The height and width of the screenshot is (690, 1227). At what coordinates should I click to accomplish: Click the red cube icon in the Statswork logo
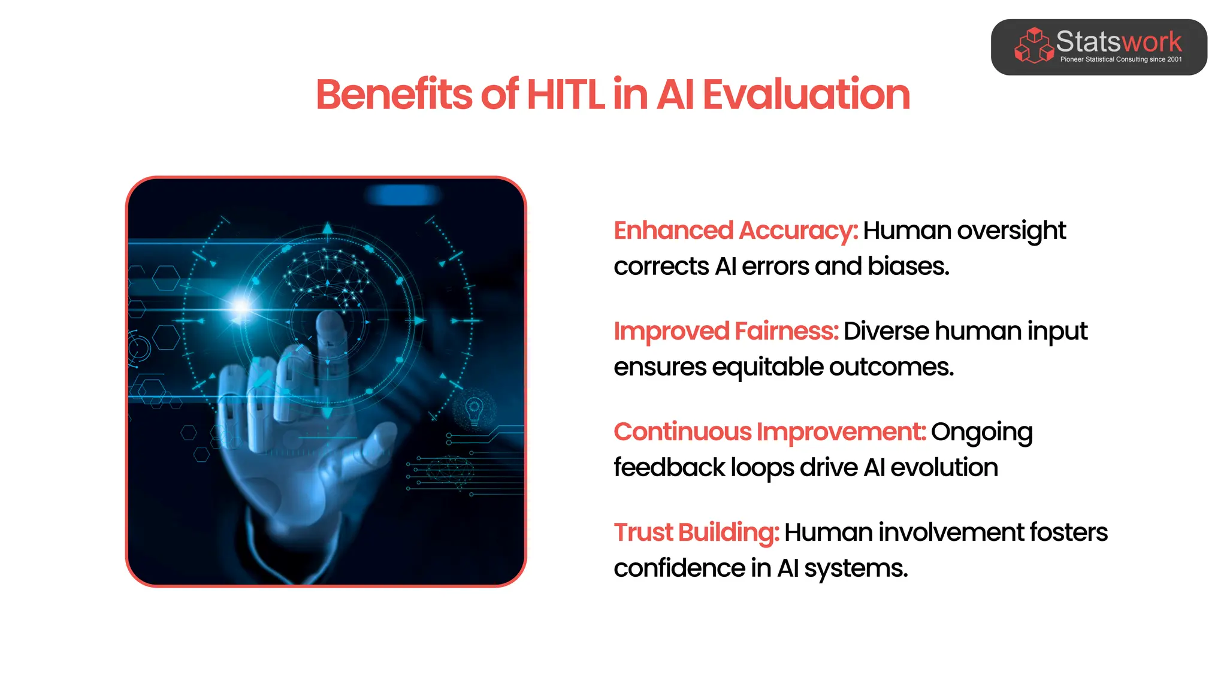(x=1033, y=45)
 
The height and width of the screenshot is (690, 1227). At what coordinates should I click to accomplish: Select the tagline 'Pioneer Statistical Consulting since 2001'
(x=1121, y=59)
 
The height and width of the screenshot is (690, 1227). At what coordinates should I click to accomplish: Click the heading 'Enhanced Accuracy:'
(x=736, y=231)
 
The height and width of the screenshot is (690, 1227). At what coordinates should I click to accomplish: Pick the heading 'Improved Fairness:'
(x=726, y=331)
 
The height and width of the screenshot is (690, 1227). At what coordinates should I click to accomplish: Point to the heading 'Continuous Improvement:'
(x=770, y=432)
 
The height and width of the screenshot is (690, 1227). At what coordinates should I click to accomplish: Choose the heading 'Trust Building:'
(x=696, y=532)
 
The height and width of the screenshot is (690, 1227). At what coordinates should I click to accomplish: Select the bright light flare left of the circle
(x=241, y=307)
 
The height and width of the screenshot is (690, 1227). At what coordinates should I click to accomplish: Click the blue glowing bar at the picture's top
(x=403, y=195)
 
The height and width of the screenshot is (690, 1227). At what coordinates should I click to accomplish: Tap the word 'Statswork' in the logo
(x=1119, y=42)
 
